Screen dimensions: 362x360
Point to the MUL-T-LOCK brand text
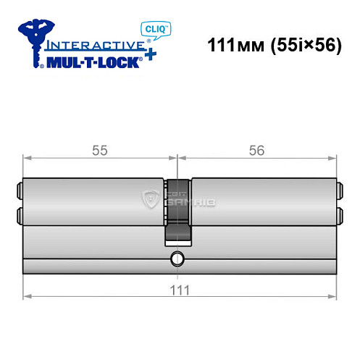pyautogui.click(x=91, y=62)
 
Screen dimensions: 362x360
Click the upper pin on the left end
pyautogui.click(x=20, y=193)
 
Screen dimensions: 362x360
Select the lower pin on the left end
pyautogui.click(x=20, y=214)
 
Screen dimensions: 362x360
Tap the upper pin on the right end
pyautogui.click(x=338, y=193)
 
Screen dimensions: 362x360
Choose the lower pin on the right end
pyautogui.click(x=338, y=214)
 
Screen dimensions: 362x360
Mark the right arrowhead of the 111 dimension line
pyautogui.click(x=335, y=296)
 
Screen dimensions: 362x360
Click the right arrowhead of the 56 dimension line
pyautogui.click(x=335, y=157)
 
